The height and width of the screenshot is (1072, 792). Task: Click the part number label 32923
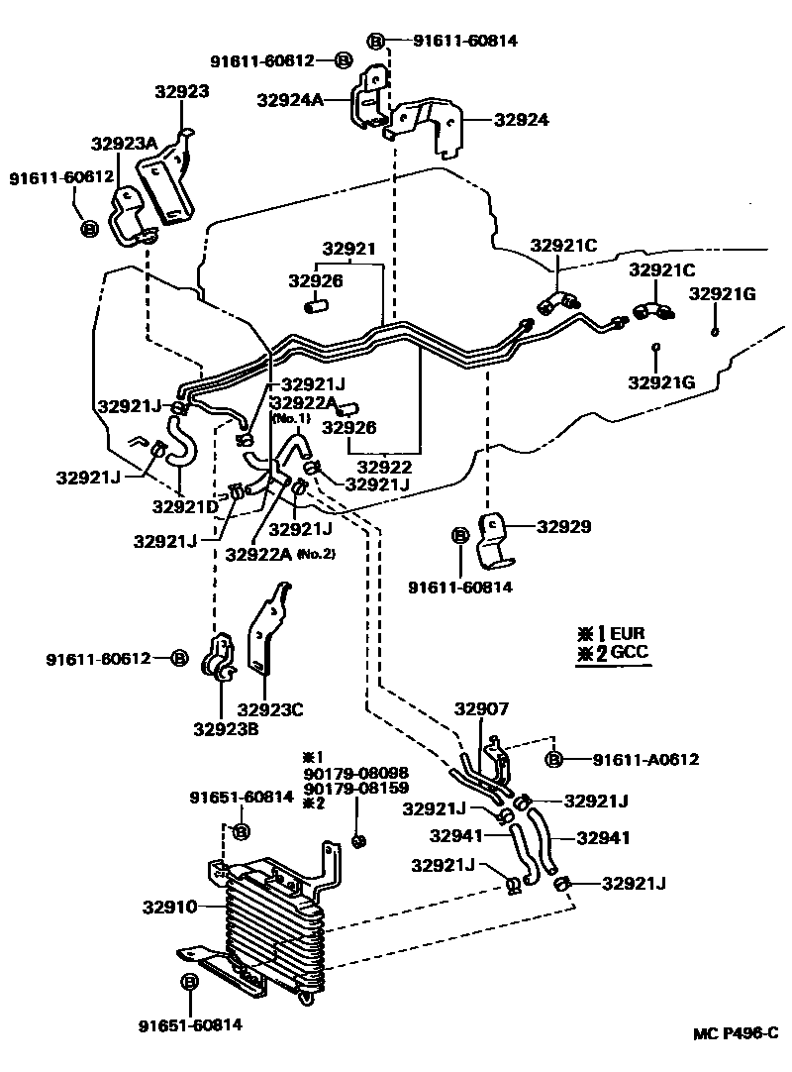[x=181, y=91]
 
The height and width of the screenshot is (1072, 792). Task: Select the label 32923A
[x=125, y=144]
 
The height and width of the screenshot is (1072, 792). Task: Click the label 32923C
[x=270, y=708]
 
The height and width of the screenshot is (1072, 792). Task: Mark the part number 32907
[x=482, y=709]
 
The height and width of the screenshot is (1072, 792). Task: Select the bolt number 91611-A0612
[x=646, y=760]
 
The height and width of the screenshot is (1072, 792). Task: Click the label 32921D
[x=184, y=506]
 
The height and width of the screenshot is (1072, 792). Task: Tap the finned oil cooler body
[x=272, y=926]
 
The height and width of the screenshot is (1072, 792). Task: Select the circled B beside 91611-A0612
[x=554, y=760]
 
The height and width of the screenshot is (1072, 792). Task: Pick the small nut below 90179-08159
[x=360, y=841]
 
